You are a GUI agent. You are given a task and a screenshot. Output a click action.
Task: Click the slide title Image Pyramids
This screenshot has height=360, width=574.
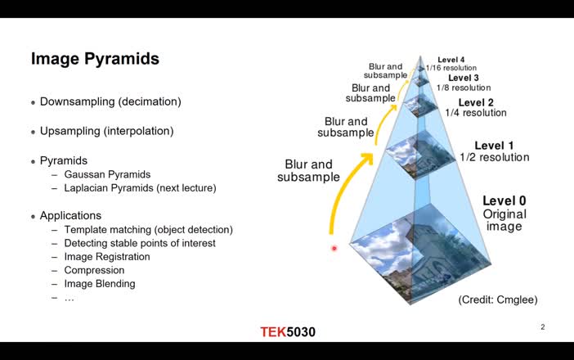tap(95, 59)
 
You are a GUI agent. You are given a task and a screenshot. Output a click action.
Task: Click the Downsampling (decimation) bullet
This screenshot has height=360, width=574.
tap(110, 101)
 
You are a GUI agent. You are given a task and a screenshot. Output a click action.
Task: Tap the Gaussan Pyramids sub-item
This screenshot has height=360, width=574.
tap(107, 174)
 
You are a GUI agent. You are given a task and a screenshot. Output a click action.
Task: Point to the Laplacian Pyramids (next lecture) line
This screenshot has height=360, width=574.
tap(140, 187)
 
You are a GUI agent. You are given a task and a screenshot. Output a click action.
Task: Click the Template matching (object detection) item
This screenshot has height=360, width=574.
tap(148, 230)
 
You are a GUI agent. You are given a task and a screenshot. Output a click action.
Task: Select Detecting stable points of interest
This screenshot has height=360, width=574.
tap(140, 243)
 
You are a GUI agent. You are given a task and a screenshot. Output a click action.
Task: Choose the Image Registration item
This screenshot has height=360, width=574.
tap(107, 257)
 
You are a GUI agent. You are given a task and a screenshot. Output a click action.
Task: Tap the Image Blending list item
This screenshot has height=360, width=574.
tap(100, 284)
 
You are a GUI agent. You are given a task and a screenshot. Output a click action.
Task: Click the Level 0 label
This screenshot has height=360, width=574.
tap(504, 200)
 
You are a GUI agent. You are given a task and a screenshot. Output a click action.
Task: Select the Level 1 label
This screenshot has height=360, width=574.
tap(494, 146)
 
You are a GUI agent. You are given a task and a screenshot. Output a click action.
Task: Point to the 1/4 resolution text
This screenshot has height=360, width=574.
tap(477, 113)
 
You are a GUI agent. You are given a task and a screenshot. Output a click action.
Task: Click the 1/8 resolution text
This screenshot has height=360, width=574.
tap(463, 88)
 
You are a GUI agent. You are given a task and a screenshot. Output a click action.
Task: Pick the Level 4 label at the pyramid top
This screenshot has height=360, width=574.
tap(451, 60)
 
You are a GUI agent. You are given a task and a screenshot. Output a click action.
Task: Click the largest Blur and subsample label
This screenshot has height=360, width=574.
tap(309, 170)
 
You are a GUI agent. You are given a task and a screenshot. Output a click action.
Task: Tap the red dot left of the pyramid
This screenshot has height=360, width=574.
tap(334, 248)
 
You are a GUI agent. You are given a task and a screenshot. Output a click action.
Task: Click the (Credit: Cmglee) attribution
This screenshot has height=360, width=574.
tap(497, 300)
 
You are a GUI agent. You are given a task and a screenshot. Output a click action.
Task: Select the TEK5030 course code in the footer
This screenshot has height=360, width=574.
tap(288, 332)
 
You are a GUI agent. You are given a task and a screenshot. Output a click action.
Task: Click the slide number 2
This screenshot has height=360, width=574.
tap(542, 327)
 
